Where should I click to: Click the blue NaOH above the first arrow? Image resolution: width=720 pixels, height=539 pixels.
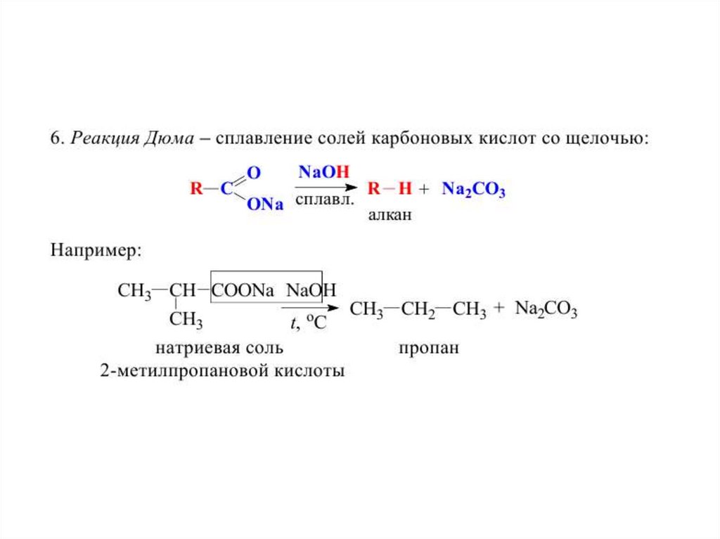coord(324,172)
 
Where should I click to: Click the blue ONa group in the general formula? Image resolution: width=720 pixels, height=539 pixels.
coord(264,204)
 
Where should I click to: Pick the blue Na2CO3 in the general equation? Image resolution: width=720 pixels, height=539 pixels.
coord(473,189)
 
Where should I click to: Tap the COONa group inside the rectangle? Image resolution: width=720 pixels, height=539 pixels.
coord(243,290)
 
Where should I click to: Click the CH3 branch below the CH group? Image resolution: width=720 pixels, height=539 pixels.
coord(186,321)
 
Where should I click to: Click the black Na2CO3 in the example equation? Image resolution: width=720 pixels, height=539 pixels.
coord(546,309)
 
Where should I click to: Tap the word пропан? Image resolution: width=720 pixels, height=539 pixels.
coord(428,348)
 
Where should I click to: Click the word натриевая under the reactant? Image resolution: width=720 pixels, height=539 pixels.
coord(189,348)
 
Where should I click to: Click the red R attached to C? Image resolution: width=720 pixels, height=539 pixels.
coord(196,188)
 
